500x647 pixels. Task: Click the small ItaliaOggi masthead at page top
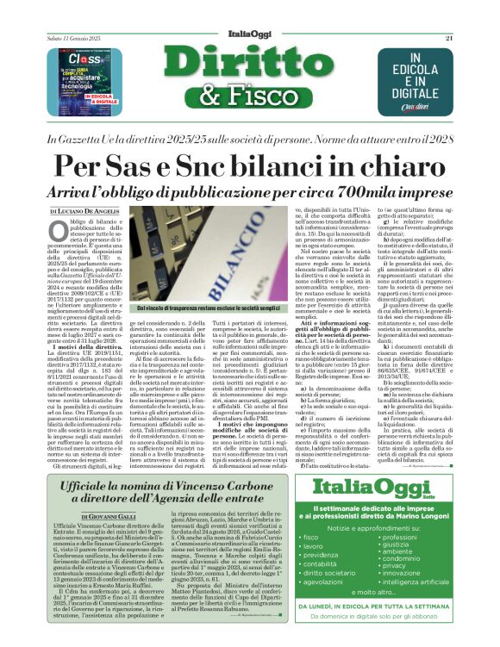pyautogui.click(x=250, y=13)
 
